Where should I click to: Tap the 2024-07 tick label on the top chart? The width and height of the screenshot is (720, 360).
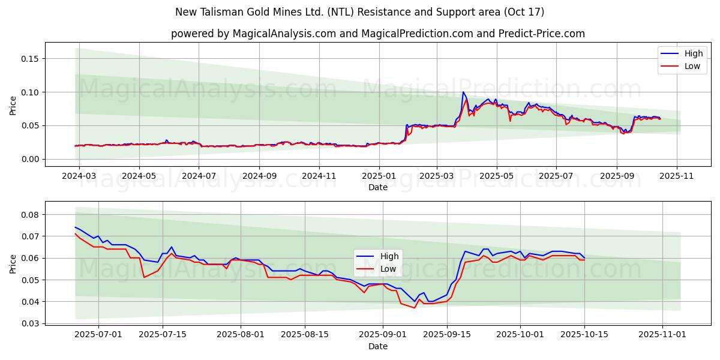coord(199,176)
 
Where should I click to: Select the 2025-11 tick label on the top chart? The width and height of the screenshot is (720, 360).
coord(677,176)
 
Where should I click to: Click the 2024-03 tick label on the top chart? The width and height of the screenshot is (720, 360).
coord(79,176)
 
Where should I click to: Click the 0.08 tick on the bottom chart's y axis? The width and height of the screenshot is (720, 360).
coord(30,215)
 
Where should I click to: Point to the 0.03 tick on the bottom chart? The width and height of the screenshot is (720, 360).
coord(30,323)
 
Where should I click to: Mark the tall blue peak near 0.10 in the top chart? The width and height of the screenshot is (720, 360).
coord(463,92)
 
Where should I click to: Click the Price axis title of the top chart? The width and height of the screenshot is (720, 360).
coord(13,106)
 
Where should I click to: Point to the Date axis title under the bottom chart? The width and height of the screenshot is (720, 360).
coord(378,346)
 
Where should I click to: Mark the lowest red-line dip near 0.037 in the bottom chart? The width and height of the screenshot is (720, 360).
coord(414,308)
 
